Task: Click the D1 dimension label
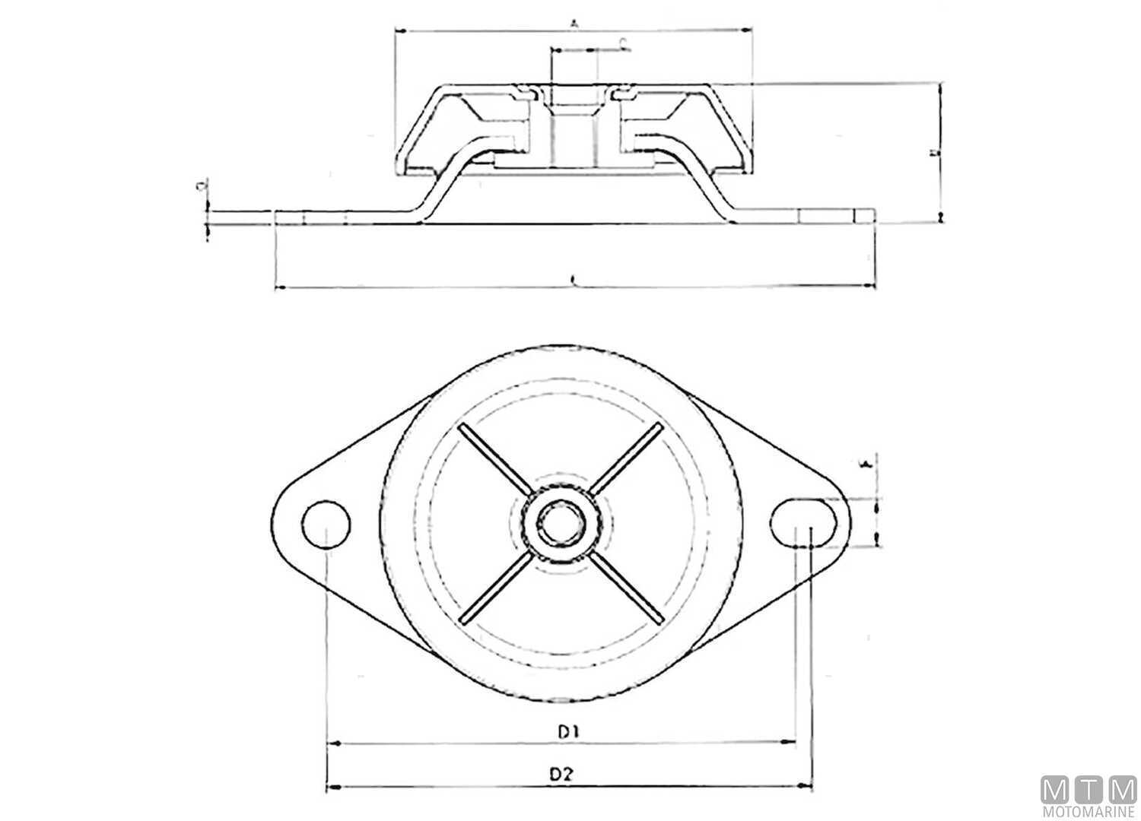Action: click(569, 732)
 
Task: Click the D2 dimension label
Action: click(561, 775)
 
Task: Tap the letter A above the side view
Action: click(575, 23)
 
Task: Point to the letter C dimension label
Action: click(623, 43)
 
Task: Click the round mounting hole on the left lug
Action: click(326, 524)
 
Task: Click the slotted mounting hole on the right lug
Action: click(803, 523)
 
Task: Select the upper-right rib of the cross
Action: click(625, 459)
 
